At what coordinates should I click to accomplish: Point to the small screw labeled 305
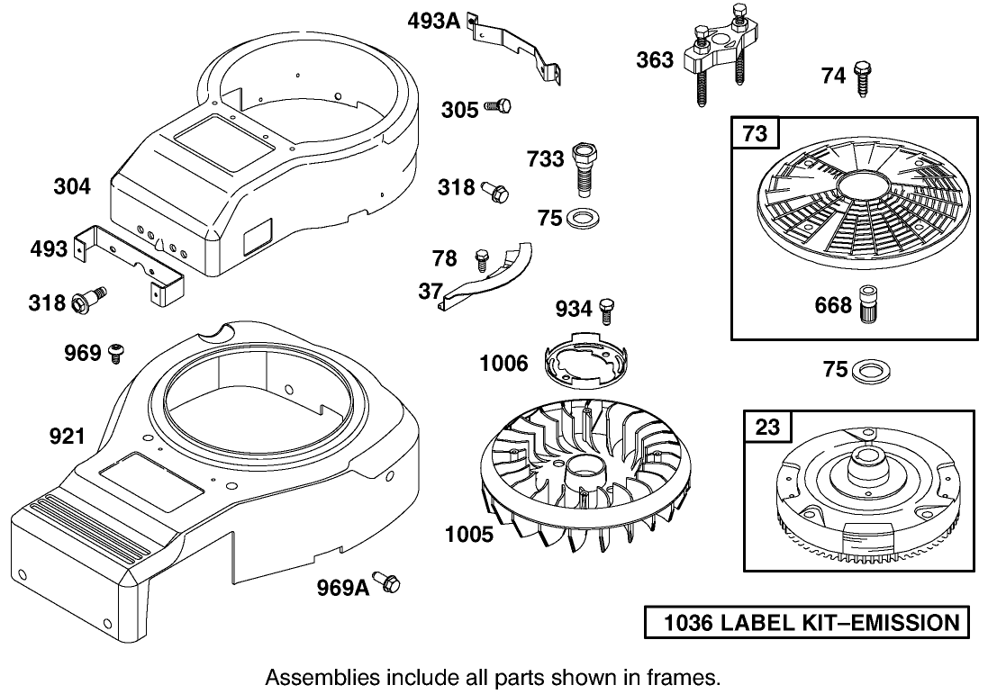[x=497, y=106]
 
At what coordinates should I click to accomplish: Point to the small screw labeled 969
[x=115, y=353]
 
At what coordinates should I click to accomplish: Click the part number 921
[x=67, y=437]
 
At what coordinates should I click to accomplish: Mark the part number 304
[x=72, y=186]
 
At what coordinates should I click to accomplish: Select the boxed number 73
[x=755, y=134]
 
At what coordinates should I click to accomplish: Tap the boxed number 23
[x=766, y=426]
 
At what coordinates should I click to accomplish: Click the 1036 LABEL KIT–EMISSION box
[x=808, y=622]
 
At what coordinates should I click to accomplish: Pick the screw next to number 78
[x=482, y=259]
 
